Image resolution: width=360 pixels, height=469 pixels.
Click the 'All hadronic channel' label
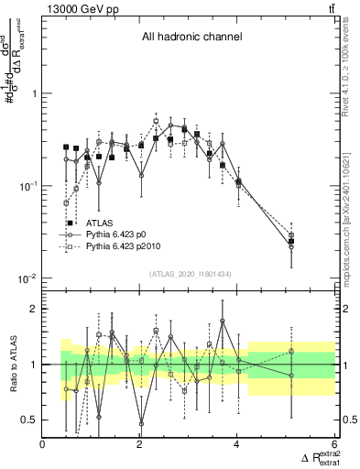coord(191,38)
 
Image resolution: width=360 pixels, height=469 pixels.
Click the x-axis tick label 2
coord(140,444)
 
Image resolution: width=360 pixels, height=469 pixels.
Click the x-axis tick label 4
coord(237,444)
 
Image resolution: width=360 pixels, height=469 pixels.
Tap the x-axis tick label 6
coord(334,444)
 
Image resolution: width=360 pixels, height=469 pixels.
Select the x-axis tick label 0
coord(43,444)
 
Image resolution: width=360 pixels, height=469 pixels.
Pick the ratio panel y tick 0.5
coord(30,420)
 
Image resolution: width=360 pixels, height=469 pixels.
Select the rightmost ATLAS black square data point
coord(291,242)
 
